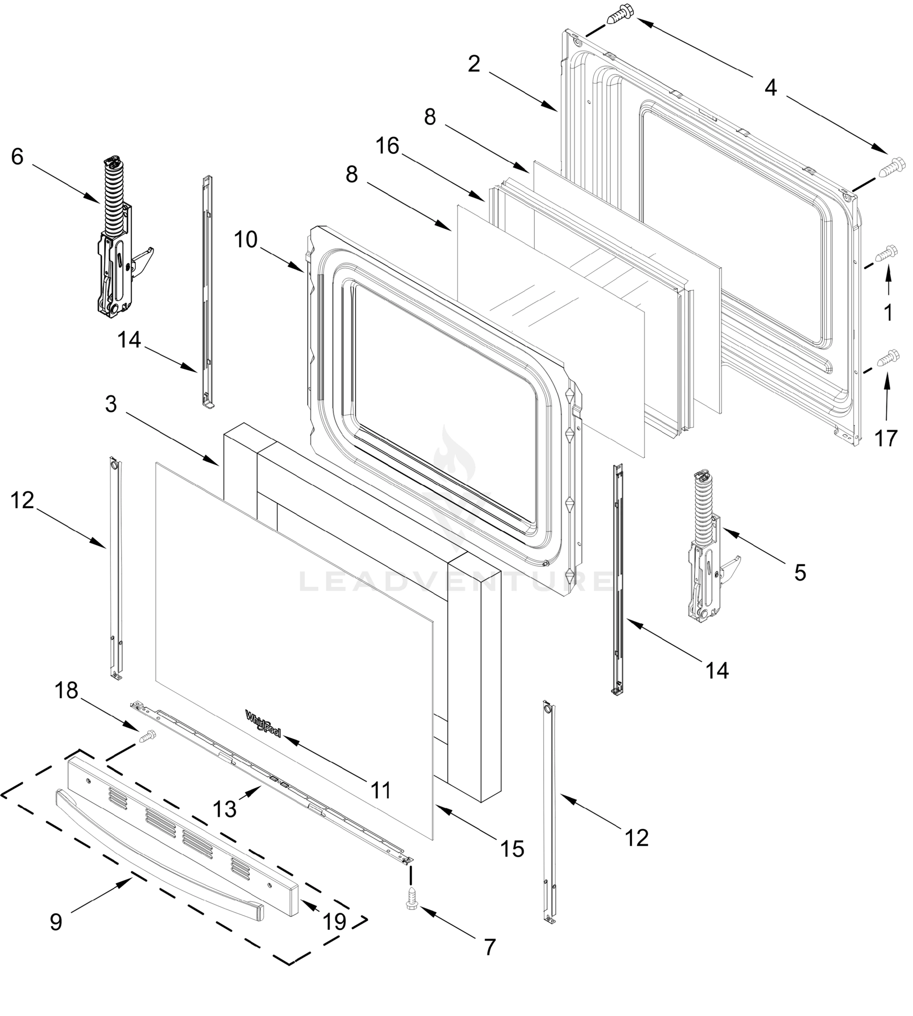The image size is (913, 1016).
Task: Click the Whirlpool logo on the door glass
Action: click(263, 723)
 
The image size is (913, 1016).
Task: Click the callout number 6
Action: click(17, 157)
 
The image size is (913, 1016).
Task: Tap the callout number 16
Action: click(387, 146)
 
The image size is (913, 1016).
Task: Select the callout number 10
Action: click(246, 240)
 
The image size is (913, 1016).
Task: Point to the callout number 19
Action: click(335, 921)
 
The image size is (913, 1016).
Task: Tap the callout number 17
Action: click(886, 438)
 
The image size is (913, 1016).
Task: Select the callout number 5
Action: click(800, 573)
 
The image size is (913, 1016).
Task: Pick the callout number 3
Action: click(111, 404)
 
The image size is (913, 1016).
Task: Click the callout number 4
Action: click(771, 88)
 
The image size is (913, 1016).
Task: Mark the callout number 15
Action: click(512, 848)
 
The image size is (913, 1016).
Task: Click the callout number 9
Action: click(56, 922)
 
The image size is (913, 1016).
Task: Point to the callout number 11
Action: click(381, 790)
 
